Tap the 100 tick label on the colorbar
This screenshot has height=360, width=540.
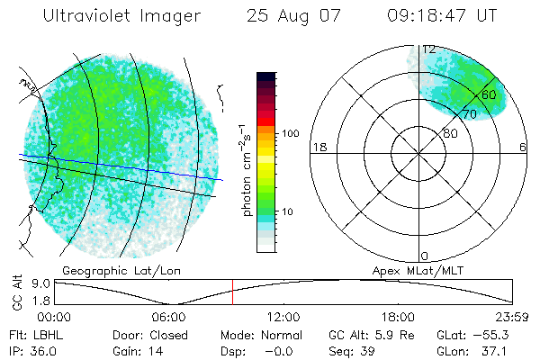click(290, 133)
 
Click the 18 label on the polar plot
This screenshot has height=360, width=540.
click(318, 147)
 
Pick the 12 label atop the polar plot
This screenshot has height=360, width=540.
click(429, 49)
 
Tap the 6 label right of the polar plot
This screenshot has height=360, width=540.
click(523, 147)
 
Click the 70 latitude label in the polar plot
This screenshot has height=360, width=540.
click(470, 114)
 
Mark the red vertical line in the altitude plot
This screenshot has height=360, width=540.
click(232, 292)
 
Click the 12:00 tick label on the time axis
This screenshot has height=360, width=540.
click(283, 317)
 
